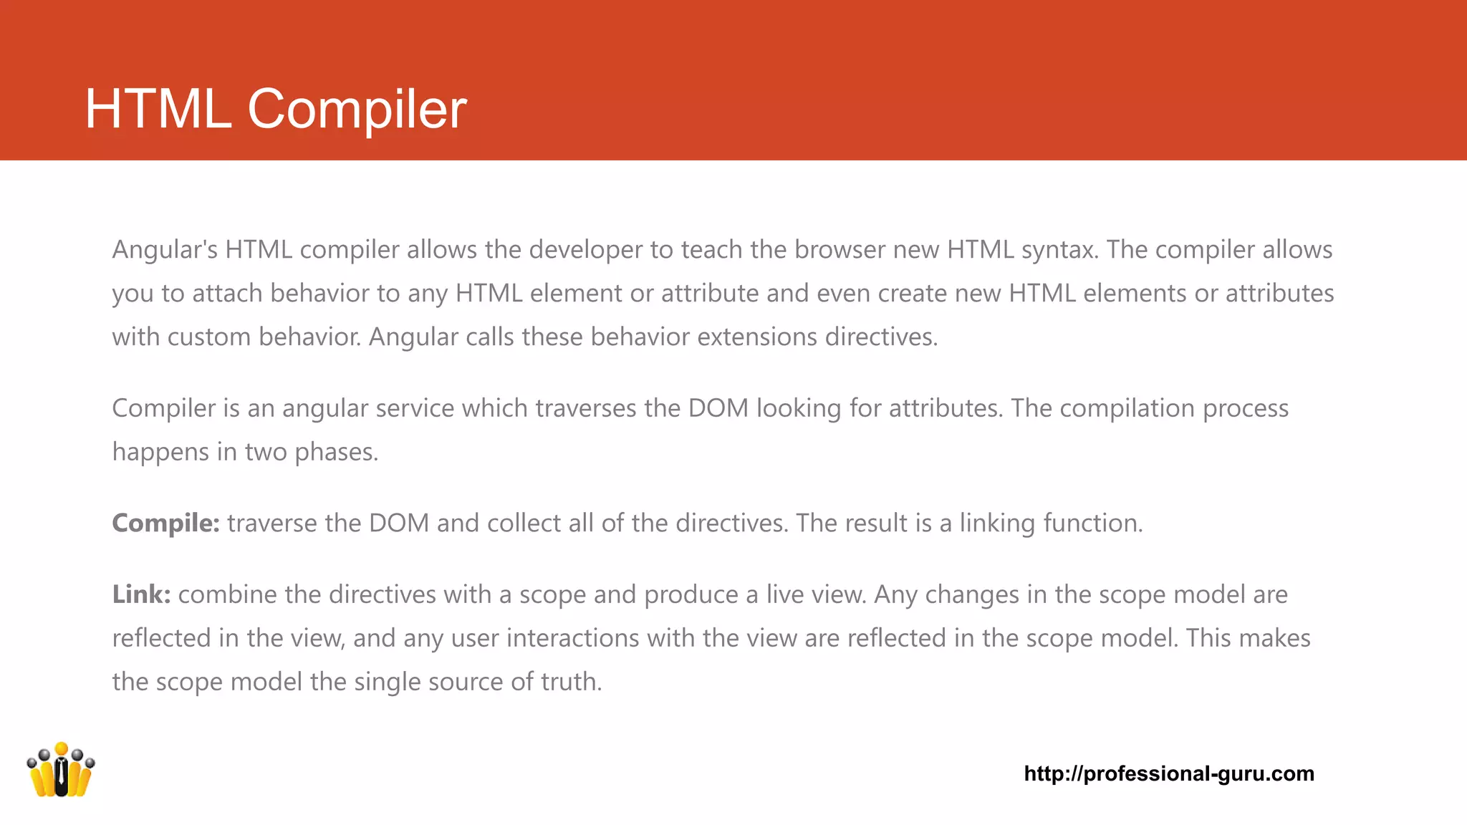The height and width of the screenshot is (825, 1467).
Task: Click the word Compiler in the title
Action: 357,109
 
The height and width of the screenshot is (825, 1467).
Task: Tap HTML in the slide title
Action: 158,109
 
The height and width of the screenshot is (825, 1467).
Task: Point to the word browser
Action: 840,250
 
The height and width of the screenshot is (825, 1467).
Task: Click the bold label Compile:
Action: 165,524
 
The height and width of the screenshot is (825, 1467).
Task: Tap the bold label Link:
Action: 141,595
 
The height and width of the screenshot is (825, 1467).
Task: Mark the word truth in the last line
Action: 571,682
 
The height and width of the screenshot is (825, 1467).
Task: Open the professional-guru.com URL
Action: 1169,773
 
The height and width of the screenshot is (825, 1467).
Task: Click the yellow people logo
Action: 61,770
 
